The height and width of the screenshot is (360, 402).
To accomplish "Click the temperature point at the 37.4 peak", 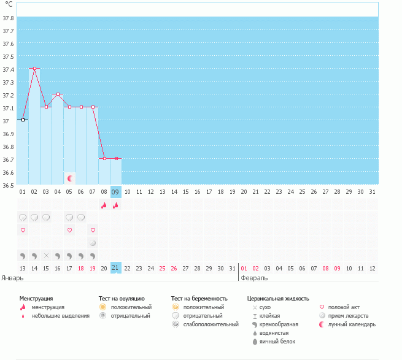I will coord(34,69).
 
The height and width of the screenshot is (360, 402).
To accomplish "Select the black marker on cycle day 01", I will coord(23,120).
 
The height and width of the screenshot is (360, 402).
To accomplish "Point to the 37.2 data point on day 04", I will coord(58,94).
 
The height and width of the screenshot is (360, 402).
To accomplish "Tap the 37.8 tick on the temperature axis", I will coord(9,18).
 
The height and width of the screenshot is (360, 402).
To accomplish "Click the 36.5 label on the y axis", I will coord(9,185).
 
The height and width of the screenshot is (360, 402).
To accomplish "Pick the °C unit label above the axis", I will coord(9,4).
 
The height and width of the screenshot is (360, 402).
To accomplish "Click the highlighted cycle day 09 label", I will coord(115,192).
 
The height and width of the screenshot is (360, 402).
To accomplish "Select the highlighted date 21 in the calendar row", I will coord(115,268).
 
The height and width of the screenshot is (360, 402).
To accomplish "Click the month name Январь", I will coord(13,278).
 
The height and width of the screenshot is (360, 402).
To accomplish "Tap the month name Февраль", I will coord(254,278).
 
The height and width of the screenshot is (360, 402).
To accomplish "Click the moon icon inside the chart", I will coord(70,178).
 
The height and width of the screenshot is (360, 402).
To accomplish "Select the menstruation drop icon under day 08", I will coord(104,205).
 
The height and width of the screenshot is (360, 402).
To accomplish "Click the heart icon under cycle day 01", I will coord(23,230).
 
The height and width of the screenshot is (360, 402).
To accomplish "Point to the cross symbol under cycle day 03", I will coord(46,255).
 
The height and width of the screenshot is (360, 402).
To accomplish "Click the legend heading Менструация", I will coord(36,298).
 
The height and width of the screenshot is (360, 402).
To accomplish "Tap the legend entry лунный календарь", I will coord(352,324).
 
